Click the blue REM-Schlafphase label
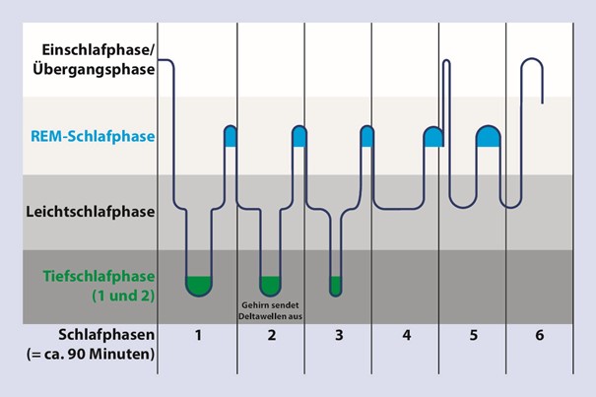click(93, 136)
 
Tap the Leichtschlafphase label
click(91, 212)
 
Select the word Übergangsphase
click(94, 69)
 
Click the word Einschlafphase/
click(99, 50)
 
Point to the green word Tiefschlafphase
click(99, 276)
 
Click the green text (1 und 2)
click(123, 296)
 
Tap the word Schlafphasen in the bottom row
click(106, 335)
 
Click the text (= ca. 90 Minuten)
click(91, 354)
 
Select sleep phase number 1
click(198, 335)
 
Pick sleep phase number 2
click(271, 335)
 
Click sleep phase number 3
click(339, 335)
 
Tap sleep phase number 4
click(406, 335)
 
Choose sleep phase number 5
click(473, 335)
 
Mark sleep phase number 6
click(540, 335)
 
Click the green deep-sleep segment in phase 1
click(198, 286)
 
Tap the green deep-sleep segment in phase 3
click(336, 286)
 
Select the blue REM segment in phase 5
click(488, 136)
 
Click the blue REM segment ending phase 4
click(433, 136)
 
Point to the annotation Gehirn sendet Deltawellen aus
click(270, 310)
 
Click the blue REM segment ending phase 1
click(231, 136)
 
